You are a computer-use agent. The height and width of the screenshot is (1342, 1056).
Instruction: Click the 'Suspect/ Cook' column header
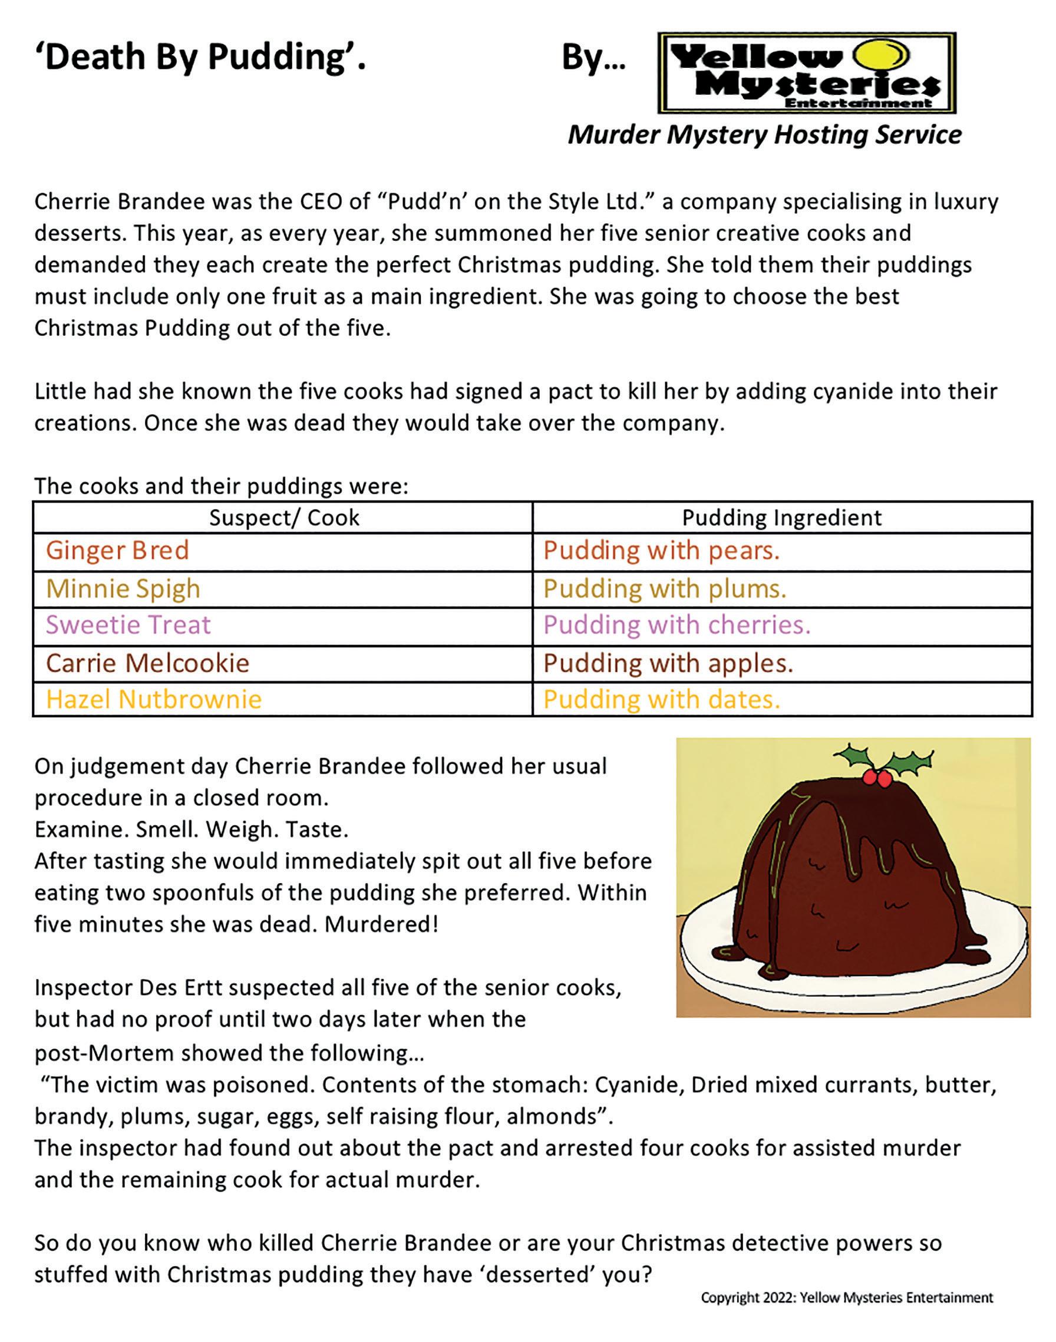(x=284, y=517)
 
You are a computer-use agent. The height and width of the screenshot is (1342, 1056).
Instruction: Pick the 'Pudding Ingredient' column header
(x=781, y=517)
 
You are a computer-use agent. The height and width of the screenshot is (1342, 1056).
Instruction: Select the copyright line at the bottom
(x=846, y=1297)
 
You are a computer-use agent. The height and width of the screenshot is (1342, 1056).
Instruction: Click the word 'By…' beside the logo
(x=593, y=58)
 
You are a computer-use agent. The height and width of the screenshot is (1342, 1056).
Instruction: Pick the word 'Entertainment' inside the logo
(x=857, y=103)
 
